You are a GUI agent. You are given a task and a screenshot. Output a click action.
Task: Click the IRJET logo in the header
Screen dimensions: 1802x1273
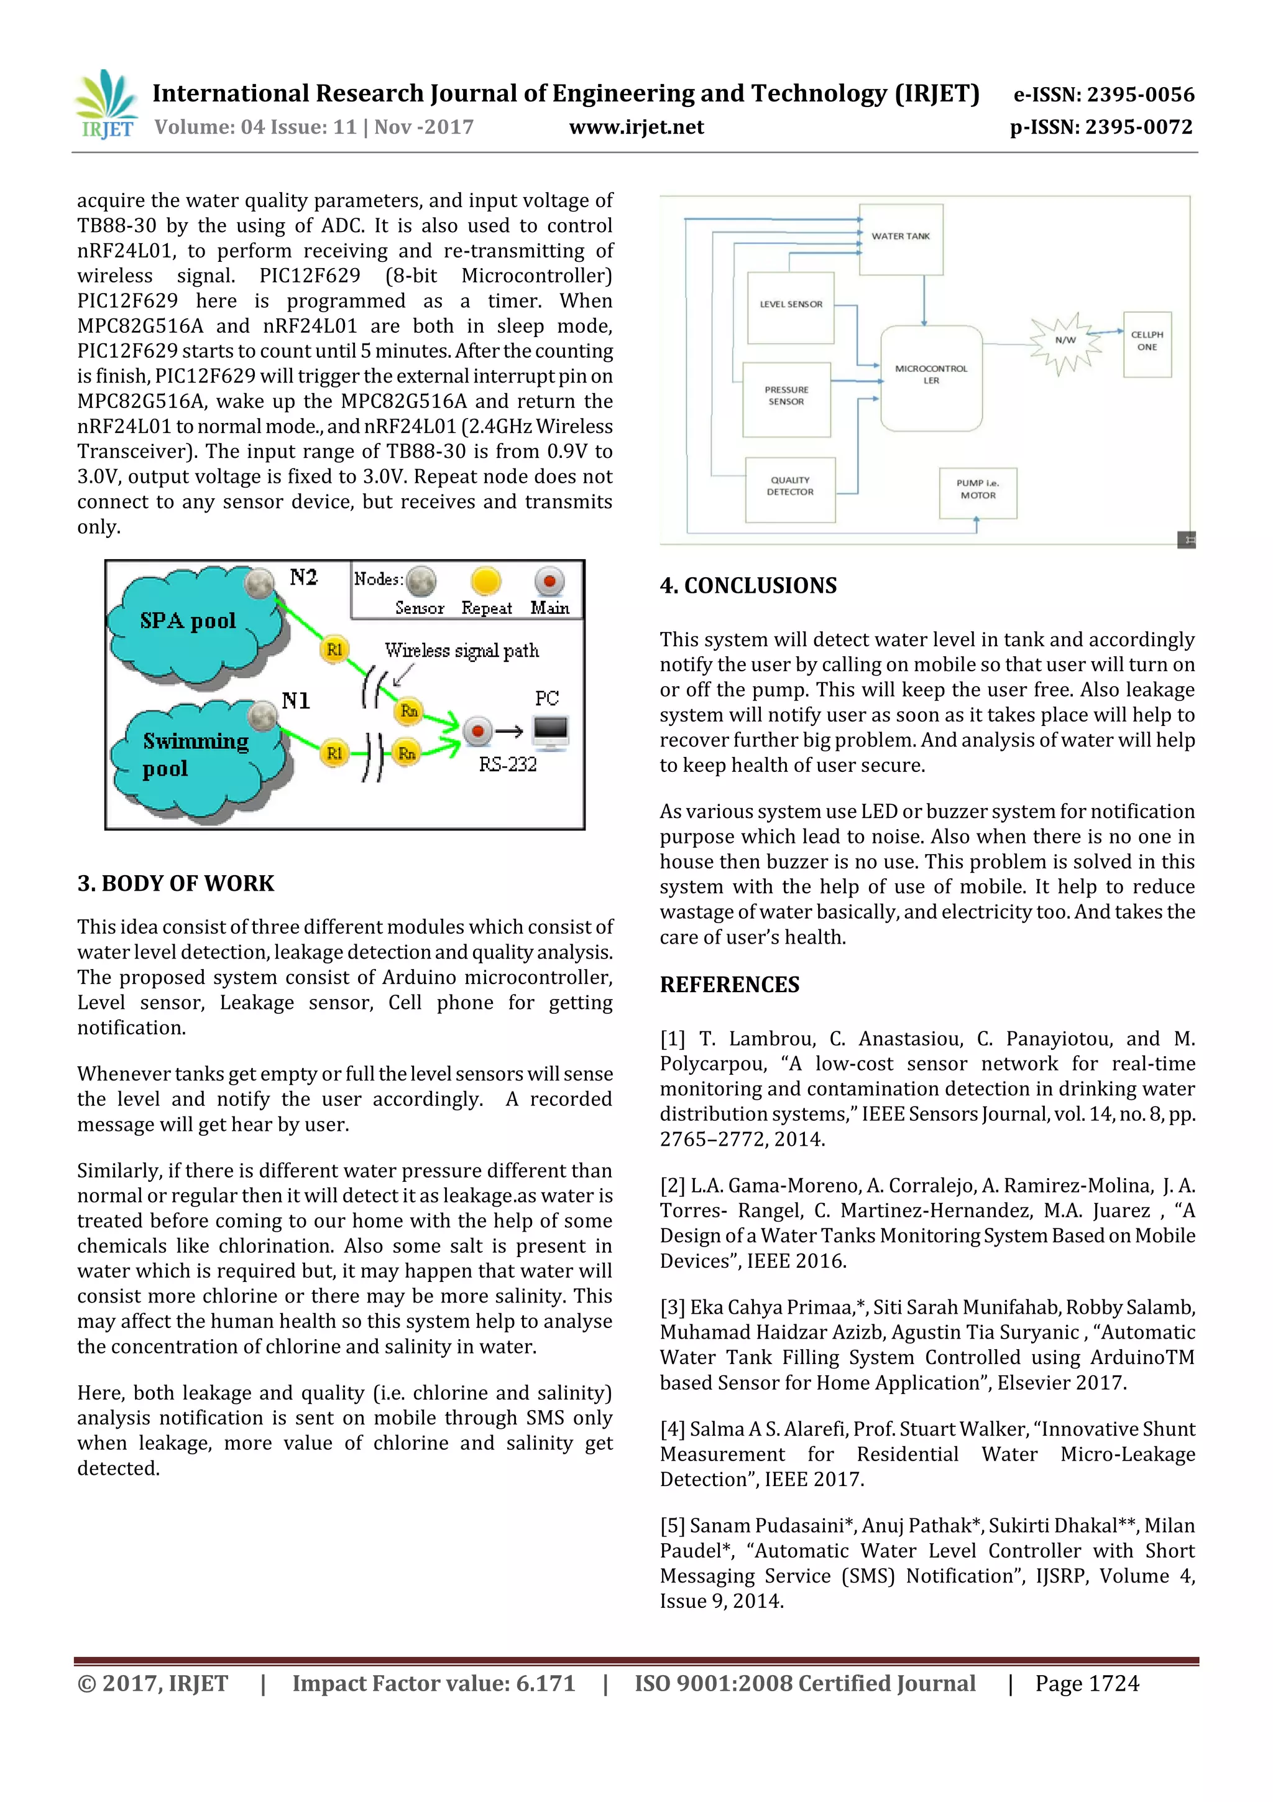point(106,104)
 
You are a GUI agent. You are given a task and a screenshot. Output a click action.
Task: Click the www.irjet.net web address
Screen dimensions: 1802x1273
point(636,127)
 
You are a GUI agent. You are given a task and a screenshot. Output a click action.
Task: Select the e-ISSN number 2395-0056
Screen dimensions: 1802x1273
point(1103,95)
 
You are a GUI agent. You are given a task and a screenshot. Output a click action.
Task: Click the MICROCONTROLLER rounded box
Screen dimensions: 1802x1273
point(931,377)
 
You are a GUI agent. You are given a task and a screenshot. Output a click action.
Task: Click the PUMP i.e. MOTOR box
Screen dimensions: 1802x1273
point(977,491)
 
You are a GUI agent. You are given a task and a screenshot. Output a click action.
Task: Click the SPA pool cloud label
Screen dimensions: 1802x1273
point(188,621)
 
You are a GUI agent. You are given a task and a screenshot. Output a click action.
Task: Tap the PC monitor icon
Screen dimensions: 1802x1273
point(551,731)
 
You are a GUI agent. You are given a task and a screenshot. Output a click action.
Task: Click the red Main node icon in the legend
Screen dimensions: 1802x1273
point(549,582)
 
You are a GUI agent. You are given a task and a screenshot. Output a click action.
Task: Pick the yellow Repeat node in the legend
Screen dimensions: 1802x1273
point(485,582)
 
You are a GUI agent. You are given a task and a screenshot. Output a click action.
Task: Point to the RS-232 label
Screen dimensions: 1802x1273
point(507,764)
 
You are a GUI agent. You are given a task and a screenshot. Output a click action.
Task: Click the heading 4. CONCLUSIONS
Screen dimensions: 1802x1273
point(748,585)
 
